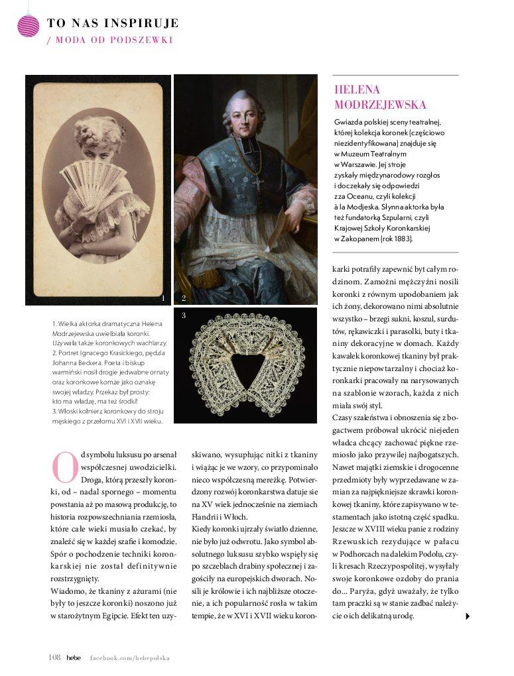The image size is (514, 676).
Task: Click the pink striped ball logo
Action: click(29, 25)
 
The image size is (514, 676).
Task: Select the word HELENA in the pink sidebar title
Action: click(357, 90)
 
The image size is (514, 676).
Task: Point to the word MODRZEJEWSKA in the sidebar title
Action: click(380, 105)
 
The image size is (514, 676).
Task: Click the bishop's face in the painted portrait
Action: click(246, 117)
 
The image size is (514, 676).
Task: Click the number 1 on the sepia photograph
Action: click(162, 298)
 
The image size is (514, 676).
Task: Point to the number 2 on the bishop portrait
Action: click(184, 298)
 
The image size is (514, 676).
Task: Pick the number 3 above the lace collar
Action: click(184, 315)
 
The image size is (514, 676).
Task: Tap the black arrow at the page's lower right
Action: click(468, 616)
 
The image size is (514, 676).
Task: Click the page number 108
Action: click(54, 657)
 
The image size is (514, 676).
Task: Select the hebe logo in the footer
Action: click(74, 657)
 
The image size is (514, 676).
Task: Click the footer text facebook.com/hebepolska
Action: click(130, 658)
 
